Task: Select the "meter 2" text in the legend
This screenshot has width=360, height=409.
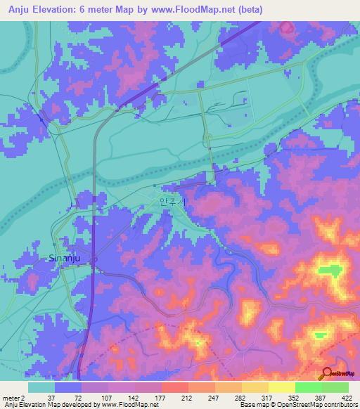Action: pos(13,397)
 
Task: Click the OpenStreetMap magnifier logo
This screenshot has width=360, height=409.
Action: pos(328,374)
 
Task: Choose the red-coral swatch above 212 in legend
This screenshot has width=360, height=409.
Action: pos(174,387)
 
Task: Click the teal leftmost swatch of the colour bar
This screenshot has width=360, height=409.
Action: pos(41,387)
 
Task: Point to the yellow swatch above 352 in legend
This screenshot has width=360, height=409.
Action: pos(281,387)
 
